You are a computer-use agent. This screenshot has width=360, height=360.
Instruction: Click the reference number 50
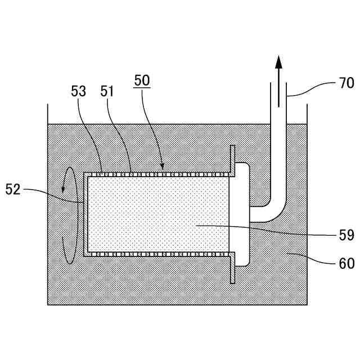tap(142, 80)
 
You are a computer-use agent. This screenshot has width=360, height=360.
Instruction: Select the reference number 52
tap(12, 190)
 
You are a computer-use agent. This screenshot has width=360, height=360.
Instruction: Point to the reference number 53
tap(79, 91)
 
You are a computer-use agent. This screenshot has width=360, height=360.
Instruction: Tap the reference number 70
tap(346, 83)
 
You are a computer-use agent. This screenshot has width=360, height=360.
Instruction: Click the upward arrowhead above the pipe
tap(278, 62)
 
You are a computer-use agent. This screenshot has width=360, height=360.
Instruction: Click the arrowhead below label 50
tap(163, 166)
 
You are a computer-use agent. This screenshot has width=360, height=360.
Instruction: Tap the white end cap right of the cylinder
tap(240, 214)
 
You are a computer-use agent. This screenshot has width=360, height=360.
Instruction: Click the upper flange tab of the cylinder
tap(232, 160)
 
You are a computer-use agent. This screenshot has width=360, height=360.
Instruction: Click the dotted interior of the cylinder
tap(157, 214)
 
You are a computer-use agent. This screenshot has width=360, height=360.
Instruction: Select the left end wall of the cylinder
tap(85, 214)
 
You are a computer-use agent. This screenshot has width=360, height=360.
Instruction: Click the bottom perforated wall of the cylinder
tap(157, 254)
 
